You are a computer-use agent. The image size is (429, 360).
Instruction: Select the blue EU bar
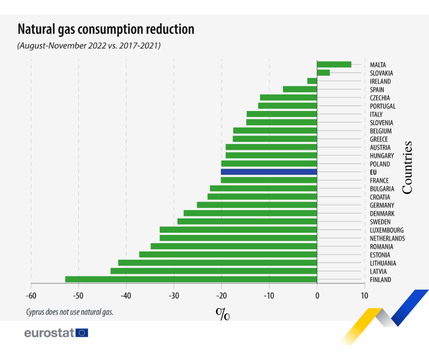[x=269, y=172]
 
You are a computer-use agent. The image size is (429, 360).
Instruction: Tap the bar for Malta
[x=334, y=64]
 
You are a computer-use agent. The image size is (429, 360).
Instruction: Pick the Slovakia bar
[x=323, y=73]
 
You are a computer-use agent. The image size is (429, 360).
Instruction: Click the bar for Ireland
[x=312, y=81]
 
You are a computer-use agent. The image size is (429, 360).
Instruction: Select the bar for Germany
[x=257, y=205]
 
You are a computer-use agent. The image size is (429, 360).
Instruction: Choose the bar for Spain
[x=300, y=89]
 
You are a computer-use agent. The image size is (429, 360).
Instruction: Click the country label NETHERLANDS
[x=387, y=238]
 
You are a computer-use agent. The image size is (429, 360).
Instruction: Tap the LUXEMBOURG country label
[x=387, y=230]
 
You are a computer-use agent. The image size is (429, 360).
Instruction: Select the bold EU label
[x=373, y=172]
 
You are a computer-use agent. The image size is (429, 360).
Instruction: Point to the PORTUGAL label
[x=382, y=106]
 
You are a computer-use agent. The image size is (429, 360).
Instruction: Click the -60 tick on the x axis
[x=31, y=296]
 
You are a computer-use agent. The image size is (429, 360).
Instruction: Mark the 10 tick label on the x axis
[x=364, y=296]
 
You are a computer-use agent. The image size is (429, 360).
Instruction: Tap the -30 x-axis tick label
[x=173, y=296]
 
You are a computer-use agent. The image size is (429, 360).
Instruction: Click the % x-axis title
[x=222, y=314]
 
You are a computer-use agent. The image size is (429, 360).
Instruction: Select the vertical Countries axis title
[x=407, y=167]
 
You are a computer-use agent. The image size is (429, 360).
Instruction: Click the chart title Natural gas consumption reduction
[x=105, y=29]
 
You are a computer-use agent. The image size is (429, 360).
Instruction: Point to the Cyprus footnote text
[x=69, y=312]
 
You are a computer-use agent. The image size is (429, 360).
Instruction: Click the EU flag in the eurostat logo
[x=82, y=333]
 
